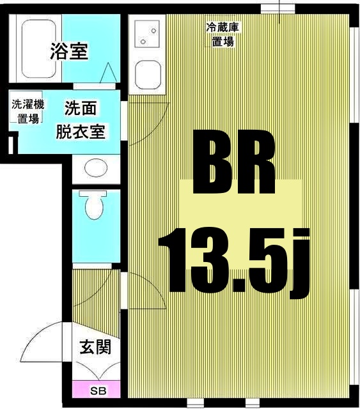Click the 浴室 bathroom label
[x=68, y=51]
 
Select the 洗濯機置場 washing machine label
[x=27, y=112]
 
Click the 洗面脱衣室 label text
[x=80, y=120]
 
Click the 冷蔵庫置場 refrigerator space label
[x=222, y=35]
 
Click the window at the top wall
[x=279, y=8]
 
